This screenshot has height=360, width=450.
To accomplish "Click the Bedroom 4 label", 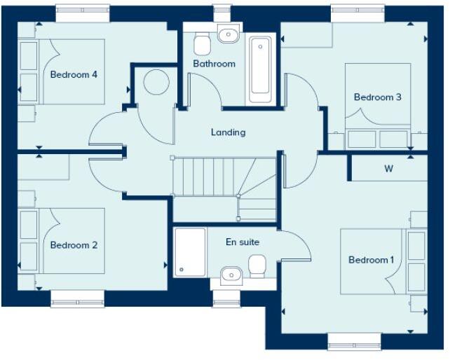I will tap(74, 74).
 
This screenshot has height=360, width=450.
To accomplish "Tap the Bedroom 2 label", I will tap(74, 245).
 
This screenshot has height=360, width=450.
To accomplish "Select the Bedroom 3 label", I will tap(377, 97).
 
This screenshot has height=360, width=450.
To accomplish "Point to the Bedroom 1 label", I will tap(371, 260).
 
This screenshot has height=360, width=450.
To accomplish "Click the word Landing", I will tap(228, 132).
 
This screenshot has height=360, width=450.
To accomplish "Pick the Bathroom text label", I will tap(214, 64).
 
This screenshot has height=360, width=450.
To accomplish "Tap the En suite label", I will tap(243, 242).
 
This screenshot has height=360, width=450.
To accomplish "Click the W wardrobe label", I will tap(388, 169).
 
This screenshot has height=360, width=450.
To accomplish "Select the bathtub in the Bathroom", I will tap(259, 65).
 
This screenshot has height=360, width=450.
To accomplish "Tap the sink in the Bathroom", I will tap(227, 34).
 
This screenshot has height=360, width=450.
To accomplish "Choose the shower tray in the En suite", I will tap(190, 251).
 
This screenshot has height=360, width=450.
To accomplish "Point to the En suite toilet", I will tap(257, 265).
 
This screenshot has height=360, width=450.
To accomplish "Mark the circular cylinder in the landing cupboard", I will tap(156, 82).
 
